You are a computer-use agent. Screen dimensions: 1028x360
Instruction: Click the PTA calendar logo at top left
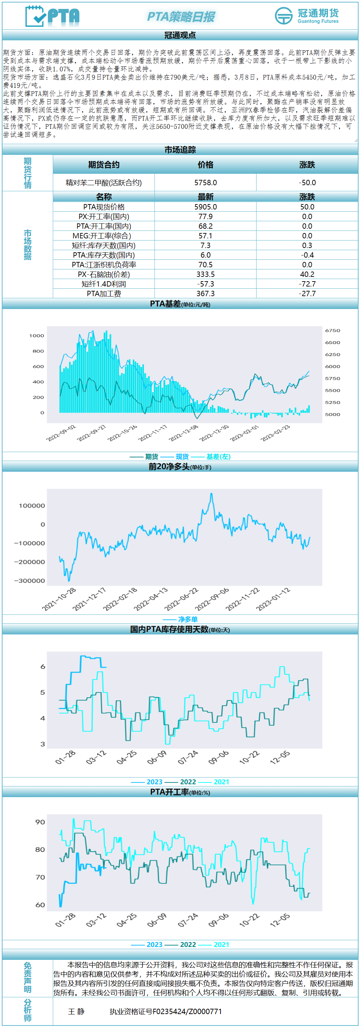pos(52,16)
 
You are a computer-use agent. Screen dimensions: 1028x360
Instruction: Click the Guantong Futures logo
pos(306,16)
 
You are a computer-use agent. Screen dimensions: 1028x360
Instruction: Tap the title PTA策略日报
pos(181,17)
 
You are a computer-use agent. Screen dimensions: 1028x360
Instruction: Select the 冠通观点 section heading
pos(180,35)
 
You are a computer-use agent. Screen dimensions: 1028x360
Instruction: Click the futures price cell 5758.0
pos(206,182)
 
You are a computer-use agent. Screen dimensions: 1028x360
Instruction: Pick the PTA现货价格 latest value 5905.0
pos(206,207)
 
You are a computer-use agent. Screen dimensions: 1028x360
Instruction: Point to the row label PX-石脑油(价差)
pos(104,274)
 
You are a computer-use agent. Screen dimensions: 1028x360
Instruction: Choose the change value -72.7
pos(307,284)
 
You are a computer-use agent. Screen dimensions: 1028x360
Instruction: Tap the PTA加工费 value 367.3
pos(206,293)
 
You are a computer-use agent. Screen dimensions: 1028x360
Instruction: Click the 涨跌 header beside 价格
pos(307,164)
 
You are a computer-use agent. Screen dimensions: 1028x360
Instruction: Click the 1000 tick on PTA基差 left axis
pos(37,336)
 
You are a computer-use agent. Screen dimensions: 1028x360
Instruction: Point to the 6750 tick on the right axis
pos(333,330)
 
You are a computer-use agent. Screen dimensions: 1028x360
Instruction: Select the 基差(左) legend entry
pos(218,456)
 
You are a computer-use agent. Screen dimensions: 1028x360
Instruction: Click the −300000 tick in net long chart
pos(30,581)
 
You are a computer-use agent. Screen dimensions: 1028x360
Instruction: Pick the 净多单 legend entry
pos(188,619)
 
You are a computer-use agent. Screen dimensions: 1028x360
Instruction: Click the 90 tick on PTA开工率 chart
pos(40,822)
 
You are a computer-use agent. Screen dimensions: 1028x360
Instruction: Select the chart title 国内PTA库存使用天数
pos(169,629)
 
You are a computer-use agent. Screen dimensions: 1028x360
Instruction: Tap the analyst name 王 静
pos(76,1011)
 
